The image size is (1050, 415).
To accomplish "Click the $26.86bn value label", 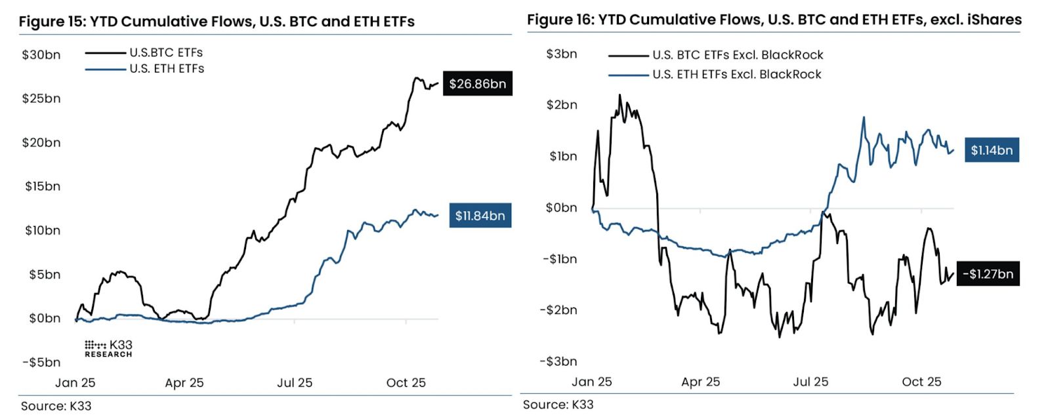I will click(x=477, y=84).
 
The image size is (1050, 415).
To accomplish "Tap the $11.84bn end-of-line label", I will click(x=480, y=216).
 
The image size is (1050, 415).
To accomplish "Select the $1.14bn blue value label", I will click(x=992, y=150).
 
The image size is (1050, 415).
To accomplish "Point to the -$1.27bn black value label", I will click(x=988, y=274).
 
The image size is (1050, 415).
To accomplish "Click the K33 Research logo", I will click(x=108, y=348).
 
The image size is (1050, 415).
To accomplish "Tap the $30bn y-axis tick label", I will click(x=41, y=55).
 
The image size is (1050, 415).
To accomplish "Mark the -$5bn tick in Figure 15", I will click(x=41, y=362).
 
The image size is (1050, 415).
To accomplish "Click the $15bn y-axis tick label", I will click(x=42, y=186).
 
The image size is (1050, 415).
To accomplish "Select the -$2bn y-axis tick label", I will click(x=558, y=309).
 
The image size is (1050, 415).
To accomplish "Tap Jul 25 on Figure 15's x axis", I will click(x=295, y=383).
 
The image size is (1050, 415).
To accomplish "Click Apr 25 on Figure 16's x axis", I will click(x=700, y=382).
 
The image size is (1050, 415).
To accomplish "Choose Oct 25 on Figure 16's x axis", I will click(x=921, y=382).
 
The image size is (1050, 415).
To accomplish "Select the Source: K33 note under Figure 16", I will click(x=558, y=405).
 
